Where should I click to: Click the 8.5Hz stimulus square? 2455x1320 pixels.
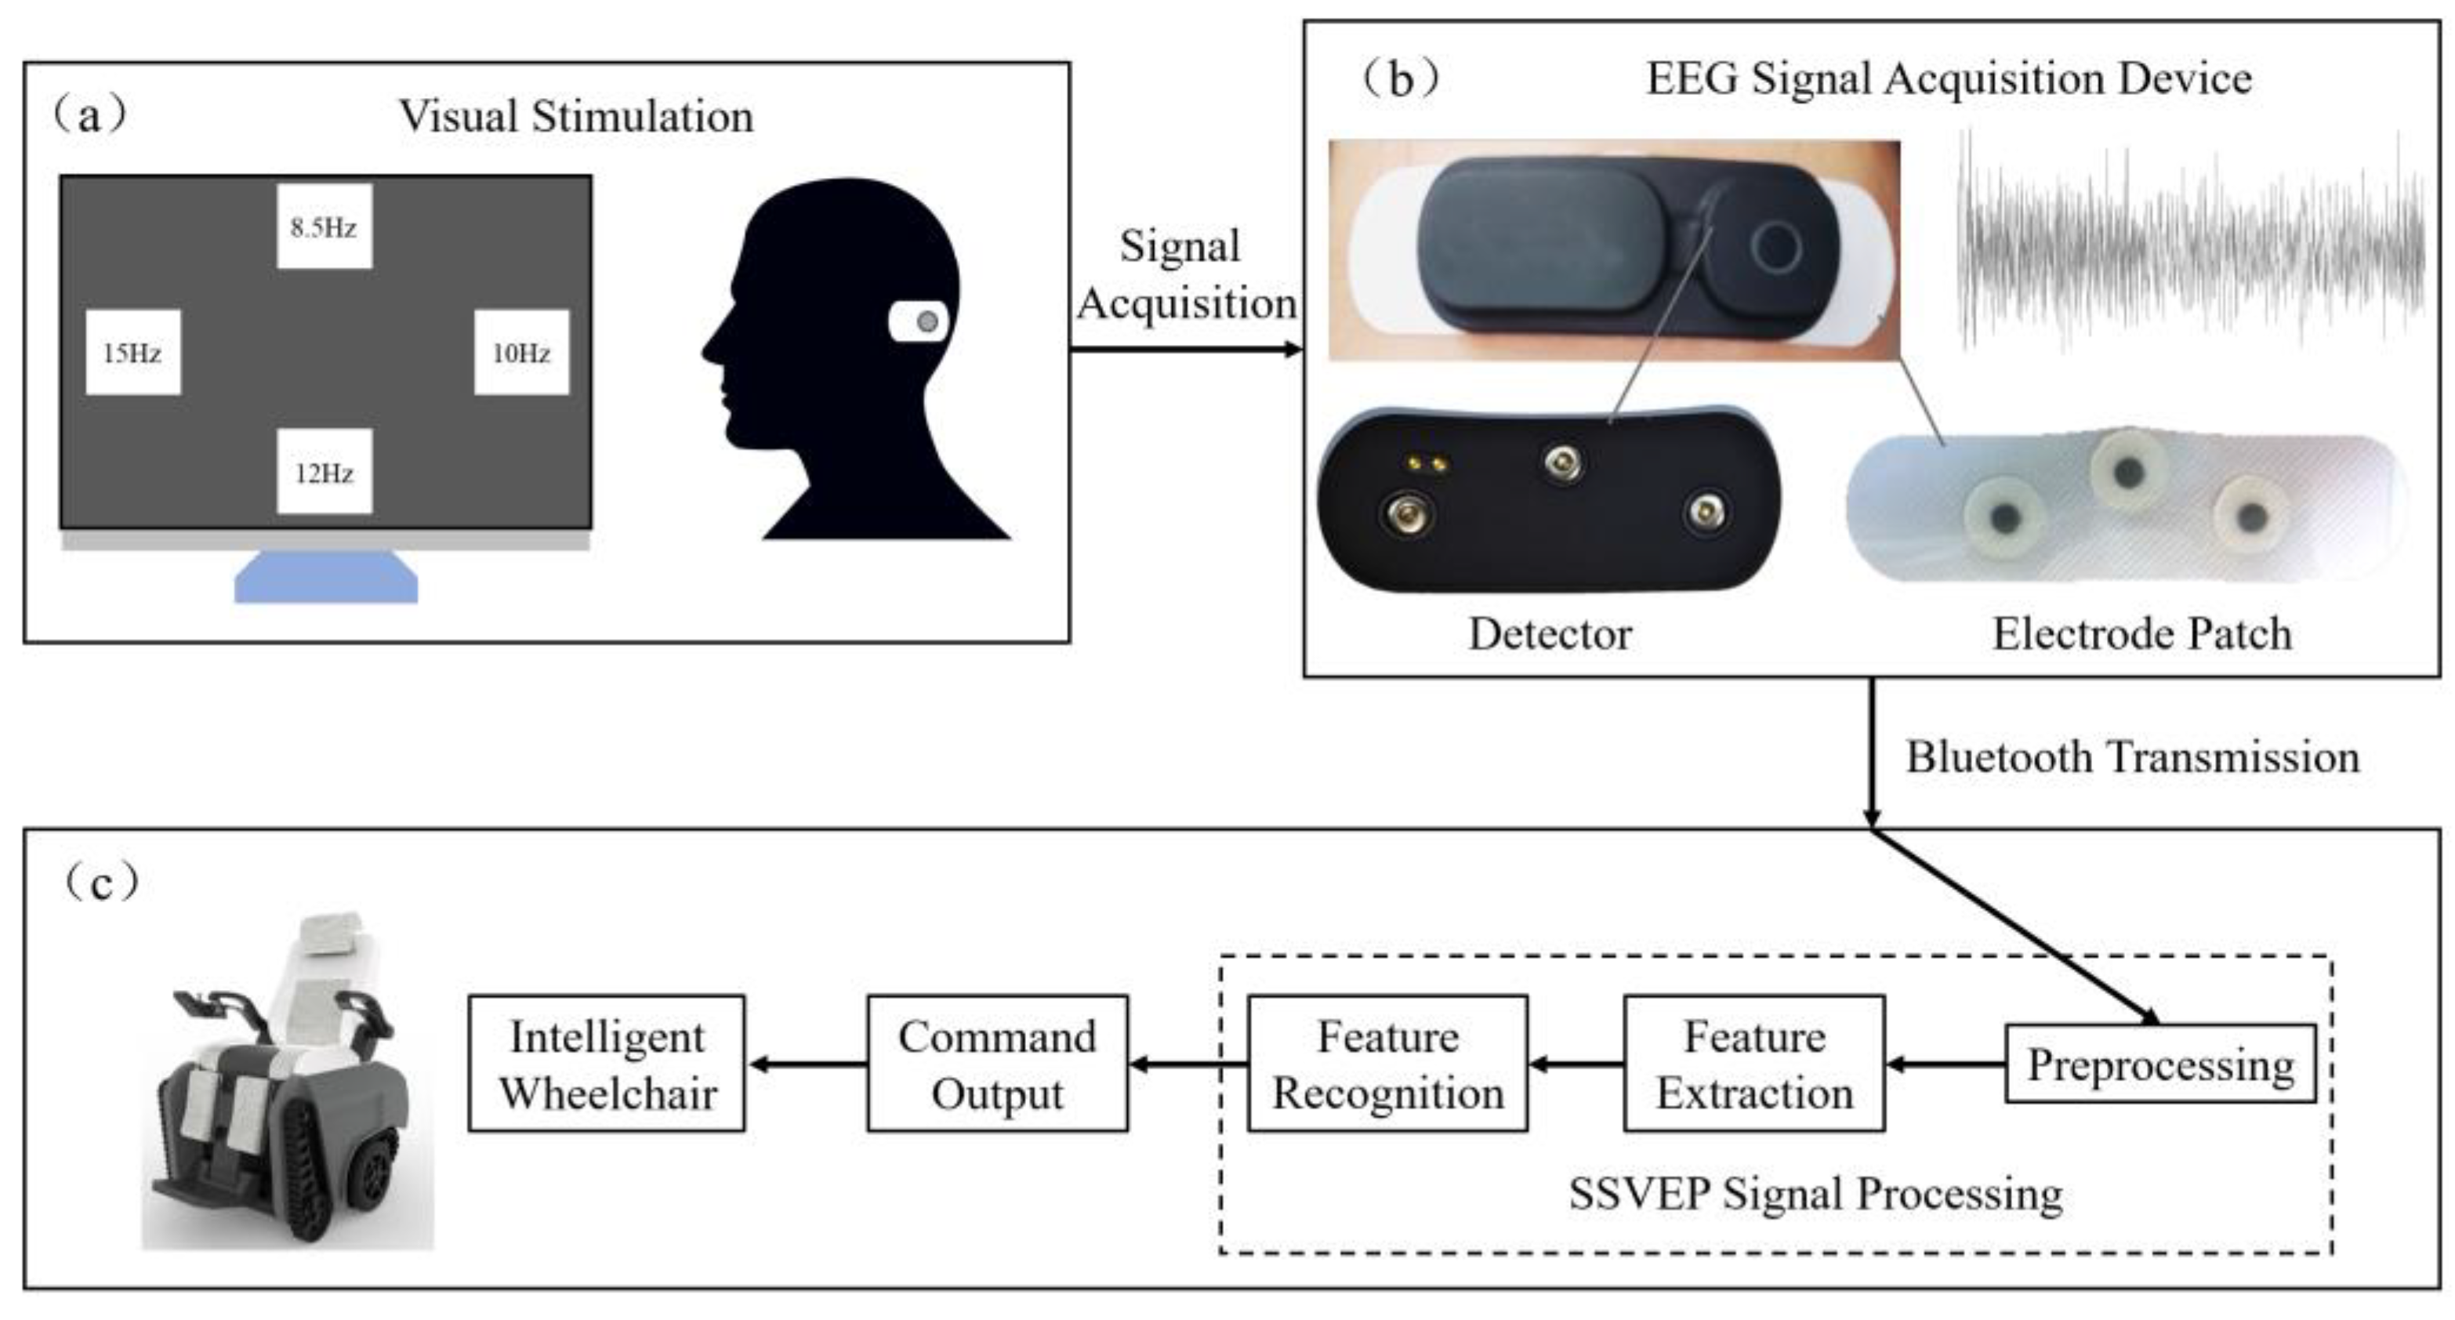[324, 227]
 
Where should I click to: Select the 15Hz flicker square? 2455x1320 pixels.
[132, 353]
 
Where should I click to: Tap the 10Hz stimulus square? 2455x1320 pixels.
[521, 353]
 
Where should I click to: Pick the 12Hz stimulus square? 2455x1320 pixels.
[324, 472]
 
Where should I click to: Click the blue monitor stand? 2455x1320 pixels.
[326, 578]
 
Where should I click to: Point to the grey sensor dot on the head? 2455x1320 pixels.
[927, 322]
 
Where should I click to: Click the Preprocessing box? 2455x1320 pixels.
[2159, 1064]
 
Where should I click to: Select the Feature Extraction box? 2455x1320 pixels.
[1753, 1064]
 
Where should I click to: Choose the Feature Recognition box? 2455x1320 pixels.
[1387, 1064]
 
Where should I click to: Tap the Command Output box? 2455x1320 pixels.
[997, 1064]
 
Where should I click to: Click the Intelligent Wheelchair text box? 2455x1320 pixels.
[607, 1064]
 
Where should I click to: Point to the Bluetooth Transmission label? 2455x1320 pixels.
[2132, 756]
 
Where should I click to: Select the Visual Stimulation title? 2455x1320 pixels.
[575, 116]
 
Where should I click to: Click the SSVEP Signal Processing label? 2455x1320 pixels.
[1815, 1193]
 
